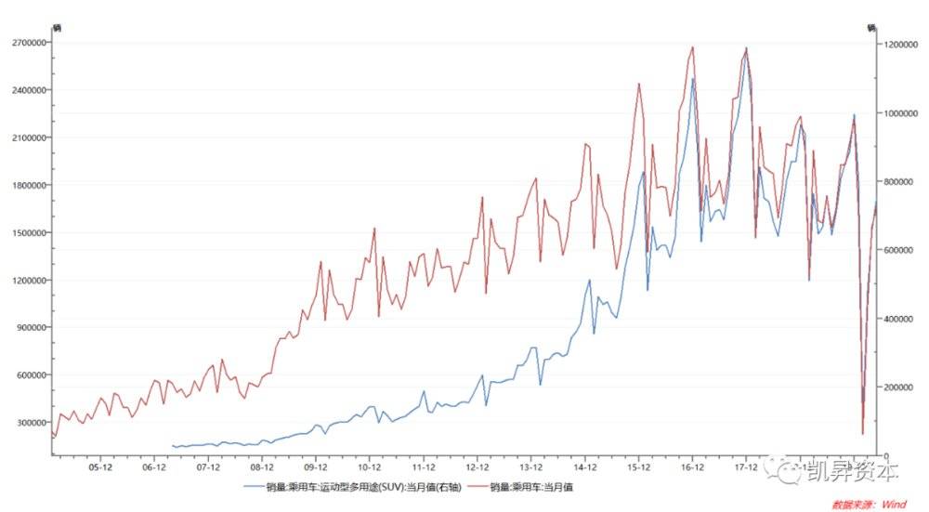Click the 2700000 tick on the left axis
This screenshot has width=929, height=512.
click(x=25, y=43)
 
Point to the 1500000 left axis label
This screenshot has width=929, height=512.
click(x=25, y=232)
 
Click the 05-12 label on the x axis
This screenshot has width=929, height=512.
click(x=100, y=467)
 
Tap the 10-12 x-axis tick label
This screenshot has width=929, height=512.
click(x=370, y=467)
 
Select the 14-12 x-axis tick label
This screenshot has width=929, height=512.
click(x=585, y=467)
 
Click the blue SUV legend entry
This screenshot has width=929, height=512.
click(x=358, y=486)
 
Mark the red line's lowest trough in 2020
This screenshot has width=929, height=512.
click(x=862, y=433)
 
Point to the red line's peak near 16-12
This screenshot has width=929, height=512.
click(x=693, y=46)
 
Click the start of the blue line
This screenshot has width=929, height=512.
click(x=173, y=446)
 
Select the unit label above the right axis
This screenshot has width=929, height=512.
click(x=871, y=28)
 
